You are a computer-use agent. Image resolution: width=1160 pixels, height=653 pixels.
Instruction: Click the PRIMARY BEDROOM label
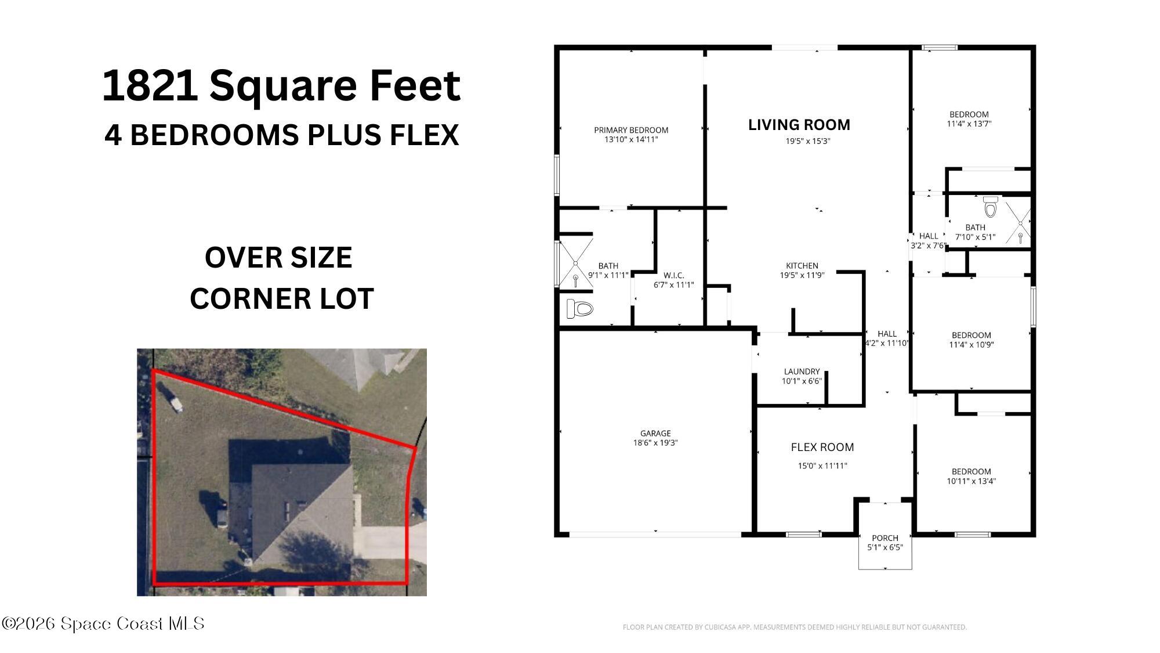631,130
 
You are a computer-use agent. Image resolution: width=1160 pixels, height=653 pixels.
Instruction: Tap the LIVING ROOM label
799,125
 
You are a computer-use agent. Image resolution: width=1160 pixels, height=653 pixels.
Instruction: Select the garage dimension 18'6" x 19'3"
655,443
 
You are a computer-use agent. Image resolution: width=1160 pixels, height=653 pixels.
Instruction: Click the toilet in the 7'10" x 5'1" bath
990,206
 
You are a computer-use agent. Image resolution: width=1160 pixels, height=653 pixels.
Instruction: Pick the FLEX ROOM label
822,448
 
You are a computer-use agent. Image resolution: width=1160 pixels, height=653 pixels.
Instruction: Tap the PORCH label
884,538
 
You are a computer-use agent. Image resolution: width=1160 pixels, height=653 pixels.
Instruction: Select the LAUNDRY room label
802,371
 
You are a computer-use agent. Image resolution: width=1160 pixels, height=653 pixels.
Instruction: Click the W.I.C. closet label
673,275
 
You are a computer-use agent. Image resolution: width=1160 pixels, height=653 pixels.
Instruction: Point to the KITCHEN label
802,266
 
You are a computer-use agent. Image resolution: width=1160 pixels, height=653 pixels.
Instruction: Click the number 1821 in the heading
150,86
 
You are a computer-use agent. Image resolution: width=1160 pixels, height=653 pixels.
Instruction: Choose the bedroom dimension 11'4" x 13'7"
969,124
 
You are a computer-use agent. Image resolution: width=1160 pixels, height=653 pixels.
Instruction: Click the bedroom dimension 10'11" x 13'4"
971,481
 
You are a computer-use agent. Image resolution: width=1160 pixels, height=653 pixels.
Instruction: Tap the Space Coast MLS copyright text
103,624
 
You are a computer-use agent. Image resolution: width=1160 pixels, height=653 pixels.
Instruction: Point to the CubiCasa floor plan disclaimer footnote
794,627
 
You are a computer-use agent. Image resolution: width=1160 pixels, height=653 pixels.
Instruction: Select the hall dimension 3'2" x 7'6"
928,246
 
